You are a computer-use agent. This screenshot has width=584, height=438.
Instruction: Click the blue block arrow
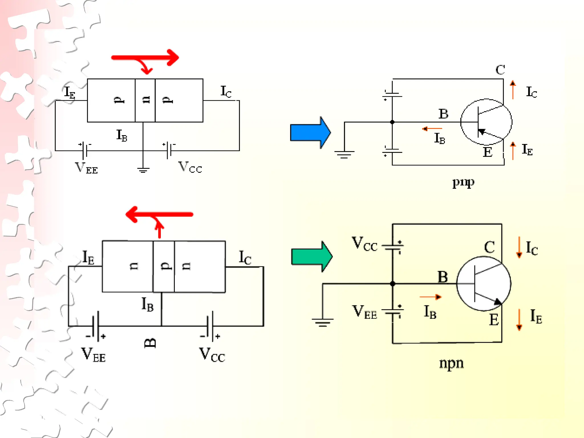[309, 133]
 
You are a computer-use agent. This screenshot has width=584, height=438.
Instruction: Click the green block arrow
[311, 256]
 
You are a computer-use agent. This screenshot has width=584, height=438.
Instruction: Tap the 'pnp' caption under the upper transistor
[463, 182]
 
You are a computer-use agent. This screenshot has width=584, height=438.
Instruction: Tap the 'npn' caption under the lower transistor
[451, 363]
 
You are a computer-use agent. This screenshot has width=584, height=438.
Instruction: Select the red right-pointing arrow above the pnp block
[145, 58]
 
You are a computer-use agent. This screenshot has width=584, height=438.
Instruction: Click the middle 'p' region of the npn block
[164, 266]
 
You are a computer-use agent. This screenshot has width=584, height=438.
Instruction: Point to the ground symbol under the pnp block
[143, 170]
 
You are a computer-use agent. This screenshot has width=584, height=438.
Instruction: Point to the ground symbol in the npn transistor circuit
[323, 322]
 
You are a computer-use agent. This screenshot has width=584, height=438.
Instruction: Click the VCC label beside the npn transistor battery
[364, 244]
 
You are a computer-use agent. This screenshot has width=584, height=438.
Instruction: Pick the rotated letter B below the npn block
[150, 343]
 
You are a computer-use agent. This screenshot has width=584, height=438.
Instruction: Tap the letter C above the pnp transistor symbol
[500, 70]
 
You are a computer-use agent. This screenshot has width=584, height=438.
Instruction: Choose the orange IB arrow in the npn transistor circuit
[431, 297]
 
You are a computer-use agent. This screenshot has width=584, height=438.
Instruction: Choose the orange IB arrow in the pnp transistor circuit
[432, 129]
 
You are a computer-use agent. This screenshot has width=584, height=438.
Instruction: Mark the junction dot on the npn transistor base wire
[392, 284]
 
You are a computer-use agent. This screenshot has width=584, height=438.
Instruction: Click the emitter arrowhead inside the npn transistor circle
[497, 302]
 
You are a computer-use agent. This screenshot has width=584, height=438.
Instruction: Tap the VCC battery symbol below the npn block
[210, 326]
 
